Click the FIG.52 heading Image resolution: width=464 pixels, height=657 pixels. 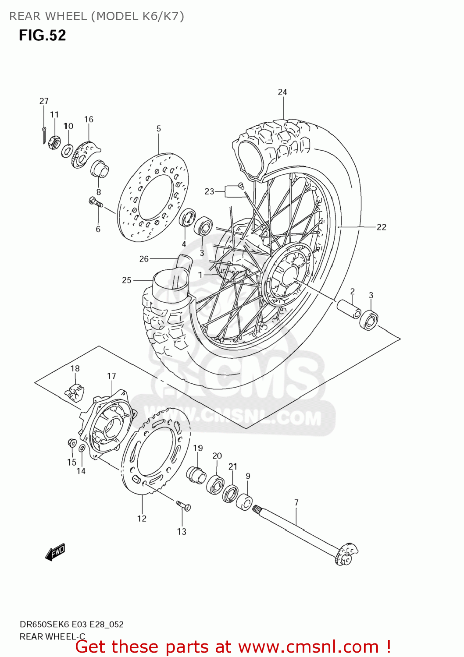coord(42,35)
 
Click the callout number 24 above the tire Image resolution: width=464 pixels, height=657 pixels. coord(282,92)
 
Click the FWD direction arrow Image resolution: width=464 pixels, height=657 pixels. coord(55,553)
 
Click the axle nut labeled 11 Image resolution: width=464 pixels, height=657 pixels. coord(54,142)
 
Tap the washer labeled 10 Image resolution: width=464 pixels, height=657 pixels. coord(67,151)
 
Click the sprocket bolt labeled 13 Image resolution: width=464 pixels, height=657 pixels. coord(184,506)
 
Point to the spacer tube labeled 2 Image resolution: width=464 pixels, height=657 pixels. coord(349,309)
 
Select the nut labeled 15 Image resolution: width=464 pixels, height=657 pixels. coord(72,443)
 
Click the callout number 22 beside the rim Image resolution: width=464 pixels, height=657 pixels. coord(382,227)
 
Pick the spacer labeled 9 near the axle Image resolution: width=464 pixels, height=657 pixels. coord(244,502)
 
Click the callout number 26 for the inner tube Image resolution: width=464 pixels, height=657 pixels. coord(144,259)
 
